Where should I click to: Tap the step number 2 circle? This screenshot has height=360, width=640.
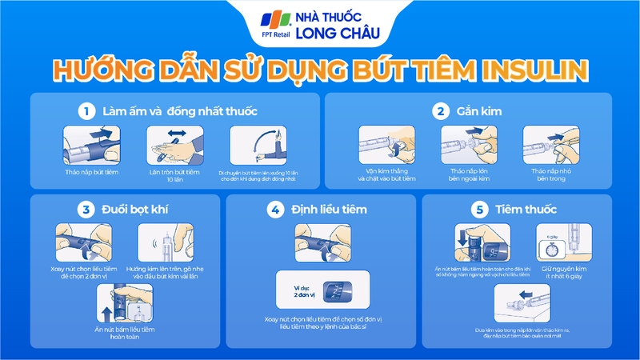click(438, 110)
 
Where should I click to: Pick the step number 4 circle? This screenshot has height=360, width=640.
click(274, 210)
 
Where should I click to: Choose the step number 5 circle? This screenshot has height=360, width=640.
click(479, 210)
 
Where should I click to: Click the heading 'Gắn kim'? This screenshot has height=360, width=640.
click(474, 110)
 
